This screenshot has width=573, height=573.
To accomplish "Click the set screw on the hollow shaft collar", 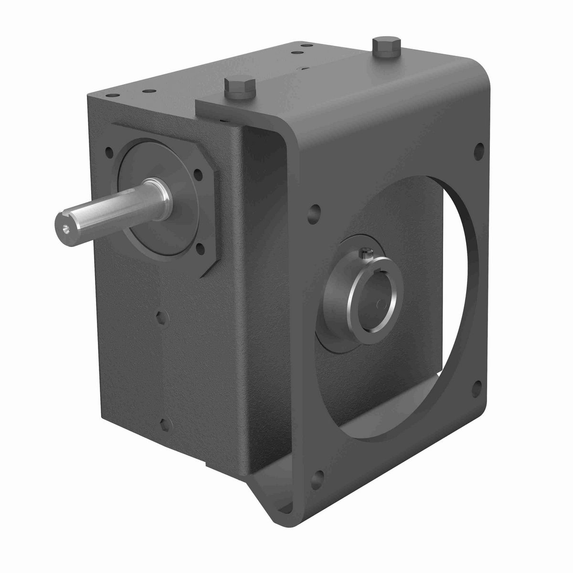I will point(365,251).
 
